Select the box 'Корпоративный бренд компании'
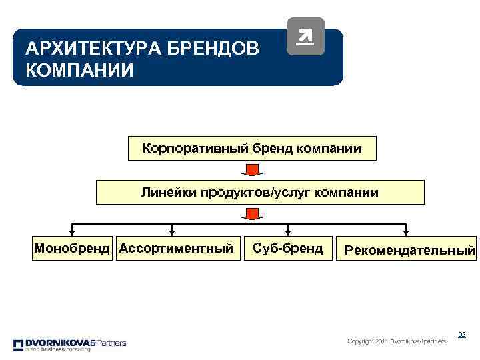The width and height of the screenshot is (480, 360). [x=252, y=149]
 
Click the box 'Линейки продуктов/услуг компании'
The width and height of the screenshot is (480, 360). [x=259, y=193]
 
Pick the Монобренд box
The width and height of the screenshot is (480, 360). [x=73, y=249]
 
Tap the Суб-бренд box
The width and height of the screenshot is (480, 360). [x=287, y=249]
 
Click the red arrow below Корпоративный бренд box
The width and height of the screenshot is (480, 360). [x=252, y=170]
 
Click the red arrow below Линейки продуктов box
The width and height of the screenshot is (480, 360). [x=252, y=214]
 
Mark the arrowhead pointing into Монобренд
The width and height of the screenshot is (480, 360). [x=71, y=233]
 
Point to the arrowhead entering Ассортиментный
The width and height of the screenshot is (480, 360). [x=173, y=233]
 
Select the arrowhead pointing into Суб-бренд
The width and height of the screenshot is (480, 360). [x=286, y=233]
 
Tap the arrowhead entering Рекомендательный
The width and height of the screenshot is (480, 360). [x=405, y=233]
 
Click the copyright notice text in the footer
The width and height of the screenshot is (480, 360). [x=397, y=341]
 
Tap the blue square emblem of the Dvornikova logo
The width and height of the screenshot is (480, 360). [x=18, y=344]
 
